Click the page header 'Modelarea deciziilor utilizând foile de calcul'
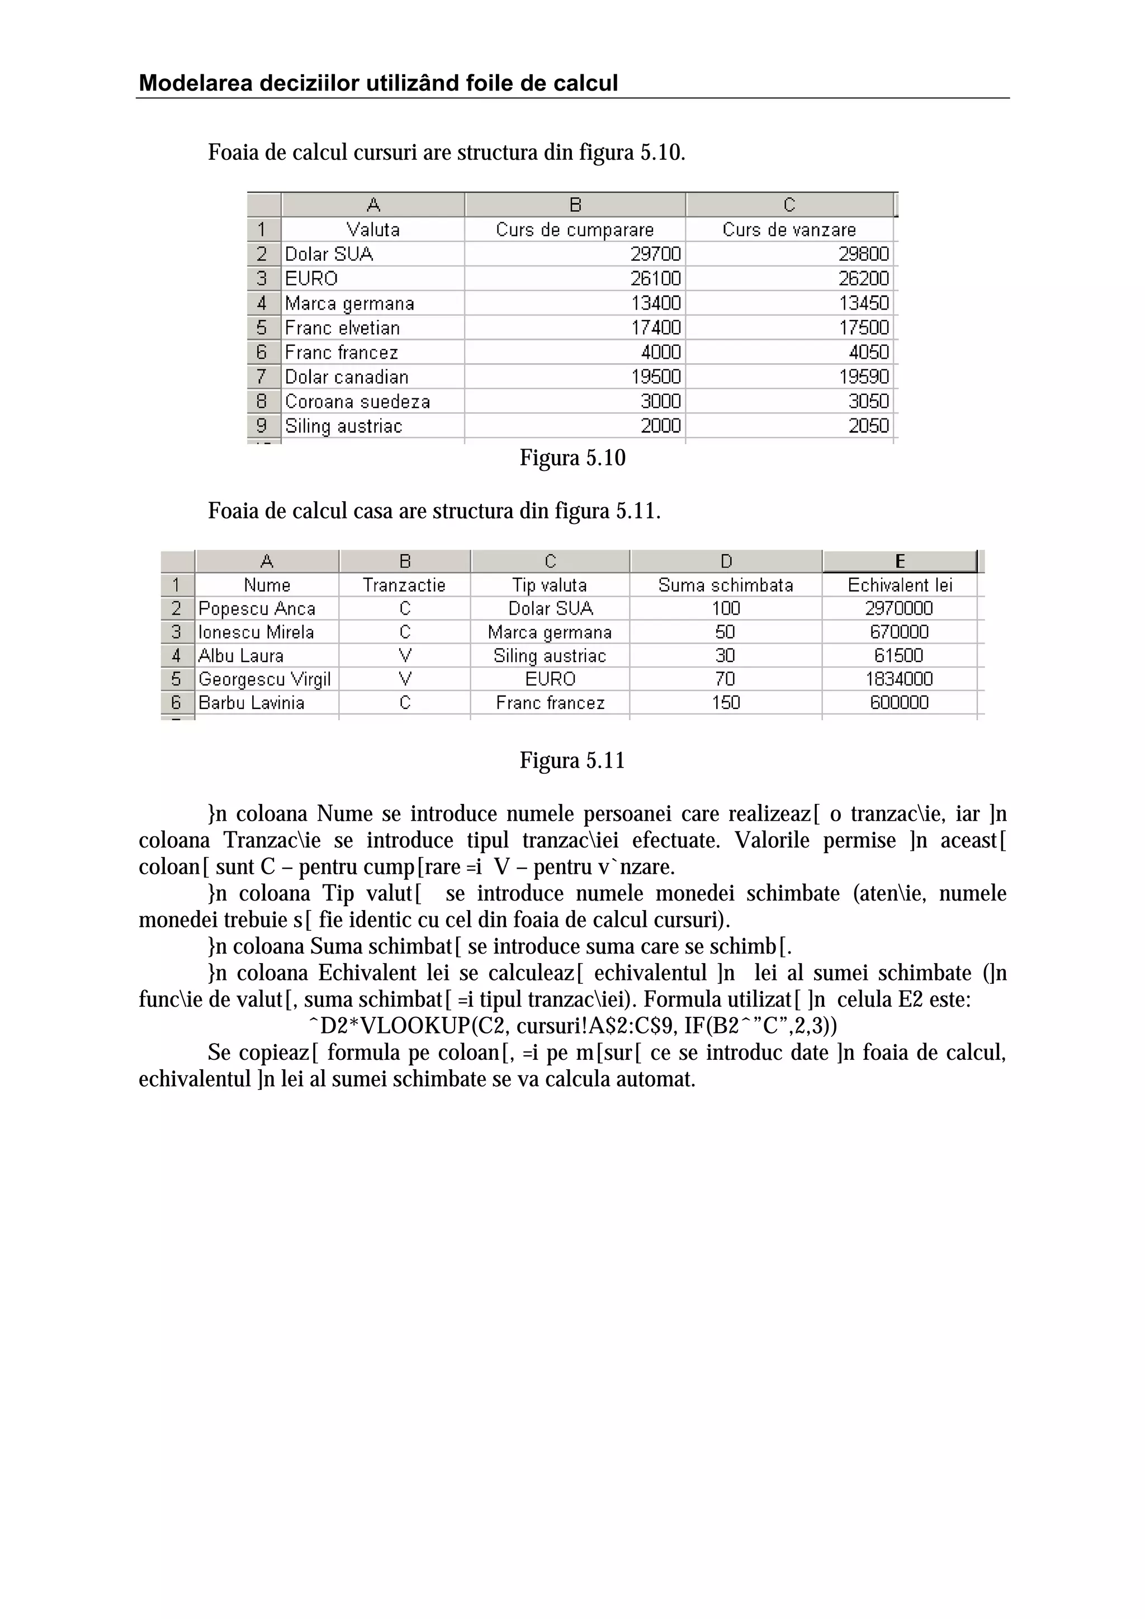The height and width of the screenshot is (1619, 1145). click(x=378, y=83)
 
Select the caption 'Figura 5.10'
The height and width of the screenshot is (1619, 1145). click(x=572, y=458)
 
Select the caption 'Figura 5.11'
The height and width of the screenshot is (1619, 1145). click(x=572, y=761)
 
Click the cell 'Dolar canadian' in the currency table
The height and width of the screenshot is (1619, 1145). click(x=347, y=377)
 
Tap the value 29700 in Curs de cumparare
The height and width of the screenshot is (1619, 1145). click(x=655, y=254)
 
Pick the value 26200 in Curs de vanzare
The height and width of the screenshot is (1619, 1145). click(x=864, y=279)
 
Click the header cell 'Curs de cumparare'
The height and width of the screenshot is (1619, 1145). click(x=574, y=230)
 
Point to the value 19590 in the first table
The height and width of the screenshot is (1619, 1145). click(x=864, y=377)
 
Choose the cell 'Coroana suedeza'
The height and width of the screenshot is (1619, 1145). click(x=357, y=401)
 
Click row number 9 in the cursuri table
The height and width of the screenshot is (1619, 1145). click(x=262, y=426)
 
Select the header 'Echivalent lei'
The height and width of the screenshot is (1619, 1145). click(x=900, y=585)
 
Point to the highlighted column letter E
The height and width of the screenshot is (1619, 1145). click(x=900, y=561)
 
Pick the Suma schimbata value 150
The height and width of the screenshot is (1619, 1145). click(x=725, y=702)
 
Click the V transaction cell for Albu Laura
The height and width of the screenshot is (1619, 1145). click(x=405, y=656)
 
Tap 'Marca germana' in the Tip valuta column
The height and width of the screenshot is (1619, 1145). click(x=550, y=632)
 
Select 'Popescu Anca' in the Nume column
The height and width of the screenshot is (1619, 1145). click(x=257, y=608)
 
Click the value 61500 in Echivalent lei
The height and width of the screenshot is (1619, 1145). click(x=899, y=656)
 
